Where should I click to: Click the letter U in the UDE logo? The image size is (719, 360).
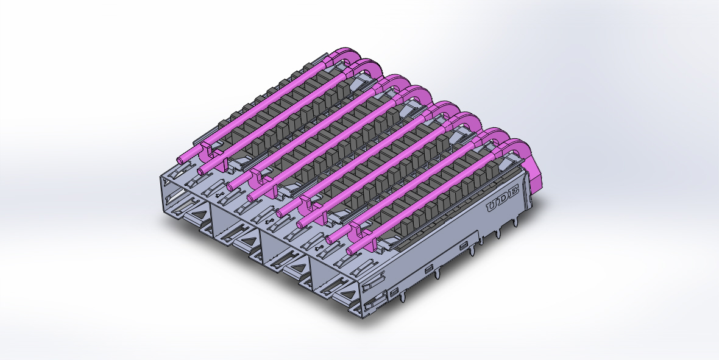coord(492,206)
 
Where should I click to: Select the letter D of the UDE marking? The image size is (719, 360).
coord(502,199)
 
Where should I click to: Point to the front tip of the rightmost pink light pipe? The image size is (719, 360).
coord(350,251)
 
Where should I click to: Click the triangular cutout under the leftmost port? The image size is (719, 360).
coord(197,214)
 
